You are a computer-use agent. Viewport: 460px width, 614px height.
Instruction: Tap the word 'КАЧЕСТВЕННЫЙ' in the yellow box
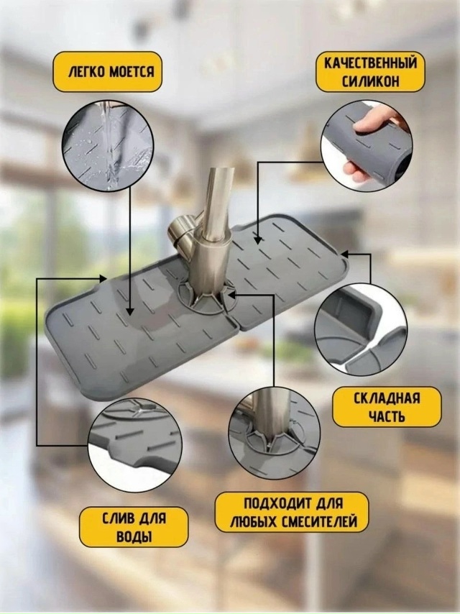[370, 63]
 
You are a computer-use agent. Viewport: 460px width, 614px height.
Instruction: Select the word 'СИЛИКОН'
[370, 81]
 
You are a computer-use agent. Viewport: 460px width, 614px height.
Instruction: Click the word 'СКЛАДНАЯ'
[387, 398]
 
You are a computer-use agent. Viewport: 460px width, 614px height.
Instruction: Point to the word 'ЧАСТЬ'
[387, 417]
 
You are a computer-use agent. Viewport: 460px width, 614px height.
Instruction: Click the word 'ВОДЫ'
[134, 536]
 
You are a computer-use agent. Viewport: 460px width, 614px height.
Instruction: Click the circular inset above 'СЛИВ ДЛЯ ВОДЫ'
[135, 447]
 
